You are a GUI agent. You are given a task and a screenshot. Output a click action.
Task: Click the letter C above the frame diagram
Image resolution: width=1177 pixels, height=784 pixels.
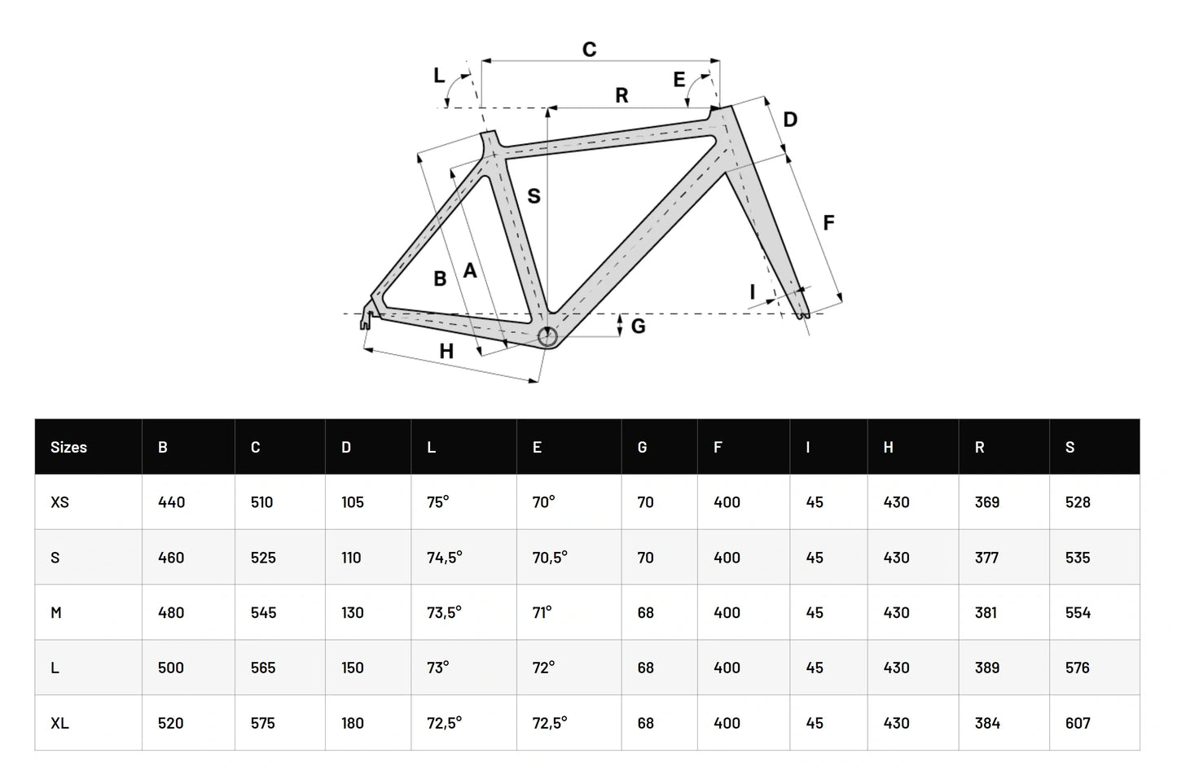pyautogui.click(x=589, y=50)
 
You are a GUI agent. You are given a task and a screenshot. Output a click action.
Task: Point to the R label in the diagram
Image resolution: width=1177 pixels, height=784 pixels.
pyautogui.click(x=621, y=96)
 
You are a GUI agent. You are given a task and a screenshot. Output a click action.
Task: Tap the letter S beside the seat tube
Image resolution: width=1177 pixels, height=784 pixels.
pyautogui.click(x=534, y=196)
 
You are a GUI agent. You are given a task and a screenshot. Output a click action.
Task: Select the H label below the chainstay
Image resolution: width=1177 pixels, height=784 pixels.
pyautogui.click(x=446, y=352)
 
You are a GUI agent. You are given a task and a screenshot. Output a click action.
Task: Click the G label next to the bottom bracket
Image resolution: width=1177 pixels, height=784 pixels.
pyautogui.click(x=638, y=326)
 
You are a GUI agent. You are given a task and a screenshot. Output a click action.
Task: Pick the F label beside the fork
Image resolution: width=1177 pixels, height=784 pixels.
pyautogui.click(x=828, y=222)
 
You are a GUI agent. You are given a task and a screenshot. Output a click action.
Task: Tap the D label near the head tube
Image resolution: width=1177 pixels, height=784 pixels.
pyautogui.click(x=790, y=120)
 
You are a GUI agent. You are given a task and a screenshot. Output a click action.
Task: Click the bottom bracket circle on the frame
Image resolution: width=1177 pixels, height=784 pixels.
pyautogui.click(x=547, y=336)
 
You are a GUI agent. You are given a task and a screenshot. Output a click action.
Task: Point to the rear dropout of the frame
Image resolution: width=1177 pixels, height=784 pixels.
pyautogui.click(x=366, y=318)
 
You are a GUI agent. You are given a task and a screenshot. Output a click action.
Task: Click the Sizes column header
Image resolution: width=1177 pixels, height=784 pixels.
pyautogui.click(x=68, y=447)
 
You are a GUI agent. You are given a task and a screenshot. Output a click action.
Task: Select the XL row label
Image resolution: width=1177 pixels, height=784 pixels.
pyautogui.click(x=59, y=723)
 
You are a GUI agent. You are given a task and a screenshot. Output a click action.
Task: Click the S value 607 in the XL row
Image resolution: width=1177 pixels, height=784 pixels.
pyautogui.click(x=1078, y=723)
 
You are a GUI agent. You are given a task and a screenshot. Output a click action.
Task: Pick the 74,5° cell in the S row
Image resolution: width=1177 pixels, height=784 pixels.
pyautogui.click(x=444, y=558)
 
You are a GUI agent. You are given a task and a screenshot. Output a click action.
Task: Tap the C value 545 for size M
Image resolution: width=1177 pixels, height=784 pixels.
pyautogui.click(x=263, y=613)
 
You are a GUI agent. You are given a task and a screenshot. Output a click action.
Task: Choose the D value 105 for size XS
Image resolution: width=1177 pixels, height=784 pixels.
pyautogui.click(x=352, y=502)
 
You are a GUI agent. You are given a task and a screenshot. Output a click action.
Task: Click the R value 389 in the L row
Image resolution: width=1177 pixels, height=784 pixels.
pyautogui.click(x=986, y=668)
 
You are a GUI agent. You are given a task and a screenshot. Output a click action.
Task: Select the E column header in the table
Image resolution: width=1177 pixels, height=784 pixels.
pyautogui.click(x=537, y=447)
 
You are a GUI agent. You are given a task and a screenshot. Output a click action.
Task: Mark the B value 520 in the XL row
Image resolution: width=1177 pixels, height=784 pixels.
pyautogui.click(x=170, y=723)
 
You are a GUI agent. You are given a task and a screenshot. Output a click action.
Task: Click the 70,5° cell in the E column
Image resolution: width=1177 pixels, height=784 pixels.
pyautogui.click(x=550, y=558)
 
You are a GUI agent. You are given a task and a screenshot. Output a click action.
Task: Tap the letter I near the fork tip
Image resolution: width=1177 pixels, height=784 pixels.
pyautogui.click(x=753, y=291)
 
